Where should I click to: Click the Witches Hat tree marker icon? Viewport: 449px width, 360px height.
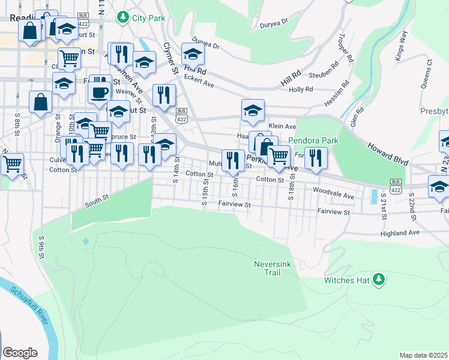[379, 279]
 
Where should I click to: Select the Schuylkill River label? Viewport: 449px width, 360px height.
[29, 305]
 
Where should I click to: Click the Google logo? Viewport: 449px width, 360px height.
[20, 353]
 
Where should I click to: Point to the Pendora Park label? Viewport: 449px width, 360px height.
[313, 141]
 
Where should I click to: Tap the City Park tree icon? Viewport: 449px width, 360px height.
[124, 17]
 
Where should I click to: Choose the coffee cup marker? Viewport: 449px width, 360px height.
[100, 93]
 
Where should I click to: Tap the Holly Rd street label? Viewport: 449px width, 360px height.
[301, 89]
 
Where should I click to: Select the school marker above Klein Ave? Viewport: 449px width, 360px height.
[253, 111]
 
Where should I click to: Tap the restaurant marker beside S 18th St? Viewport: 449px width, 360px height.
[316, 158]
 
